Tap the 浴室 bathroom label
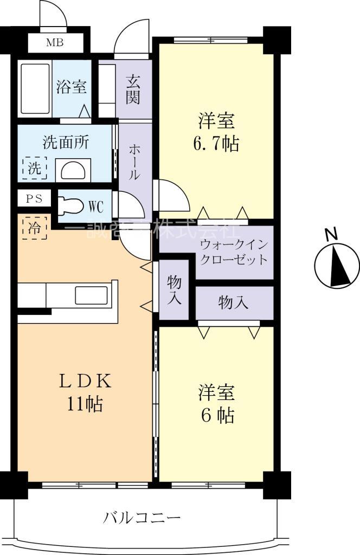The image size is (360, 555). [x=71, y=87]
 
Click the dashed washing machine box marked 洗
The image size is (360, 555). [x=34, y=168]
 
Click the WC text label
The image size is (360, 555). [x=95, y=206]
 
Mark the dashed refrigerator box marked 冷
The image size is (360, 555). [x=34, y=228]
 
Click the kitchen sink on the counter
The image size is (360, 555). [x=91, y=296]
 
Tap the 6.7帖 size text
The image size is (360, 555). [x=216, y=145]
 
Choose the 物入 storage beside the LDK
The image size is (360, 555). [x=173, y=290]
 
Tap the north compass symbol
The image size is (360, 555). [x=337, y=265]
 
